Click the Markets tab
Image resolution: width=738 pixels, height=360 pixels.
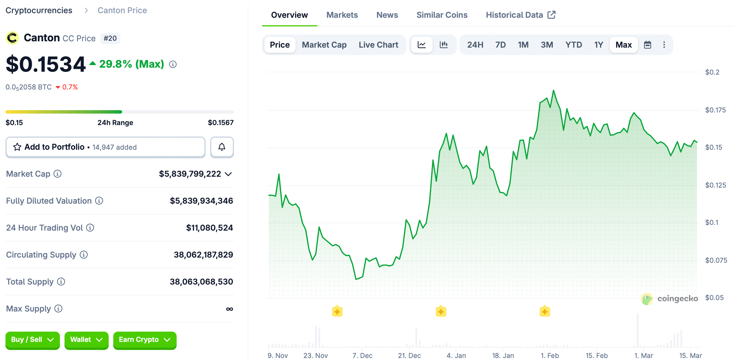click(342, 15)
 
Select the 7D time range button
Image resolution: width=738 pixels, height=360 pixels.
click(500, 45)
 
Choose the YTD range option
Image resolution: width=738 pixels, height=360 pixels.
click(573, 45)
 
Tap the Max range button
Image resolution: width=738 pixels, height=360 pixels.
click(623, 45)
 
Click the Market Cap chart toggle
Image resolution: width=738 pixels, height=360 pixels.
click(324, 45)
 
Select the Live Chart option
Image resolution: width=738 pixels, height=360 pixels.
click(378, 45)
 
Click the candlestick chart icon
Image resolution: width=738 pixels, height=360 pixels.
click(444, 45)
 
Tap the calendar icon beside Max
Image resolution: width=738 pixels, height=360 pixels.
click(647, 45)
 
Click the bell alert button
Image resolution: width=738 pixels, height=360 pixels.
click(222, 147)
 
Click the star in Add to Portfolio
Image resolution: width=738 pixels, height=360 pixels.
click(17, 147)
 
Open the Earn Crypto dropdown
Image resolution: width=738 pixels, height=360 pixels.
click(145, 340)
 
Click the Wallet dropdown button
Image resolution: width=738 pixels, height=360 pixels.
click(86, 340)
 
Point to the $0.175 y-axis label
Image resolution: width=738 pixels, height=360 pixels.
click(715, 110)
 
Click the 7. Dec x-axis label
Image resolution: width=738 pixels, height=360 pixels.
click(362, 355)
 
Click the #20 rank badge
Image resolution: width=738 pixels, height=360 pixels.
click(110, 38)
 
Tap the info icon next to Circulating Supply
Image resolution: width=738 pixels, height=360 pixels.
click(84, 255)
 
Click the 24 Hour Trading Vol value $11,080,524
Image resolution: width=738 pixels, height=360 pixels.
click(209, 228)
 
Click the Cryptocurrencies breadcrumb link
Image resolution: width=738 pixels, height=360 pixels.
click(39, 10)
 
